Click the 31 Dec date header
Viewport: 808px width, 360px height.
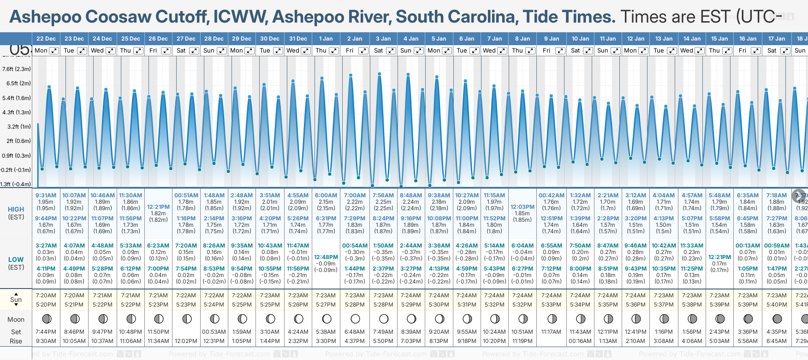pyautogui.click(x=298, y=39)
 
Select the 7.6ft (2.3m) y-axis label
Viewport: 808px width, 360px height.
pyautogui.click(x=17, y=69)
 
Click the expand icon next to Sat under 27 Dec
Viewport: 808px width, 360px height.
pyautogui.click(x=194, y=51)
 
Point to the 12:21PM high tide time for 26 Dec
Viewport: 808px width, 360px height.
pyautogui.click(x=158, y=207)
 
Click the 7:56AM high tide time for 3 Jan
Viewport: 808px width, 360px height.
pyautogui.click(x=383, y=195)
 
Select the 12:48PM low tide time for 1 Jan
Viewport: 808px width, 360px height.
pyautogui.click(x=326, y=257)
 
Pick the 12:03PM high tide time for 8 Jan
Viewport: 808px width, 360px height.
pyautogui.click(x=522, y=207)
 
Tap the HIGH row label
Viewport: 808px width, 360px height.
pyautogui.click(x=16, y=209)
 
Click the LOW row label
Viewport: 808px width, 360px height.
pyautogui.click(x=16, y=260)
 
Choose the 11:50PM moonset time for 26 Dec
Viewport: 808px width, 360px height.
pyautogui.click(x=158, y=332)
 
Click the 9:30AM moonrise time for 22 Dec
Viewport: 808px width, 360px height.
pyautogui.click(x=46, y=341)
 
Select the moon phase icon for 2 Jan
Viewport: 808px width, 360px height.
pyautogui.click(x=355, y=319)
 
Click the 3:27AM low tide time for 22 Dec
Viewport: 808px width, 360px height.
pyautogui.click(x=46, y=246)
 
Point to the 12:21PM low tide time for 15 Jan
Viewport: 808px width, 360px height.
pyautogui.click(x=719, y=257)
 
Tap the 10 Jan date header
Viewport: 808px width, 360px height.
pyautogui.click(x=580, y=39)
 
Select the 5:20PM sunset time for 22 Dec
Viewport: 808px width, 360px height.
pyautogui.click(x=46, y=305)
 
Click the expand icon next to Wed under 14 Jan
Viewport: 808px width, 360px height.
pyautogui.click(x=699, y=51)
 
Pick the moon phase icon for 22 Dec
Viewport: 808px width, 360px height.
pyautogui.click(x=46, y=319)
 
